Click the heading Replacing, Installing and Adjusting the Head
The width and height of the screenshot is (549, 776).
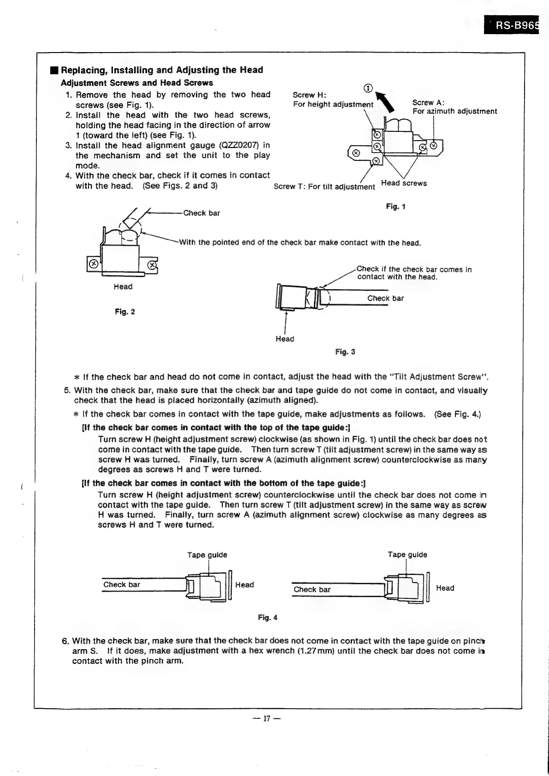point(162,70)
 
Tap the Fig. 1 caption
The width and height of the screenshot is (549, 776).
point(396,207)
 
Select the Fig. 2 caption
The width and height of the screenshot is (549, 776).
point(125,312)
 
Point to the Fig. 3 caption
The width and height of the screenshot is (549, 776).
point(345,352)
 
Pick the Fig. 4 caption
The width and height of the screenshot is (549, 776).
point(267,618)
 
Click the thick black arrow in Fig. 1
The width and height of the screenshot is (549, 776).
point(385,101)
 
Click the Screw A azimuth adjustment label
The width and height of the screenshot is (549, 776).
point(454,107)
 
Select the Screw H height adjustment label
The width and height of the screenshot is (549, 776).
point(333,100)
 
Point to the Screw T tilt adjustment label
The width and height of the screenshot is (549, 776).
point(324,187)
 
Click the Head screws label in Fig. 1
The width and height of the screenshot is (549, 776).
point(404,183)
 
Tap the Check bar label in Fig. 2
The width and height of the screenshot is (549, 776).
point(201,213)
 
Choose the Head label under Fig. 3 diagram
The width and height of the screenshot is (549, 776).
point(285,339)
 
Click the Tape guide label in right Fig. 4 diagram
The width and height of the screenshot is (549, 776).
point(407,555)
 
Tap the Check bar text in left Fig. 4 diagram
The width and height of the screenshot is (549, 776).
point(122,585)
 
